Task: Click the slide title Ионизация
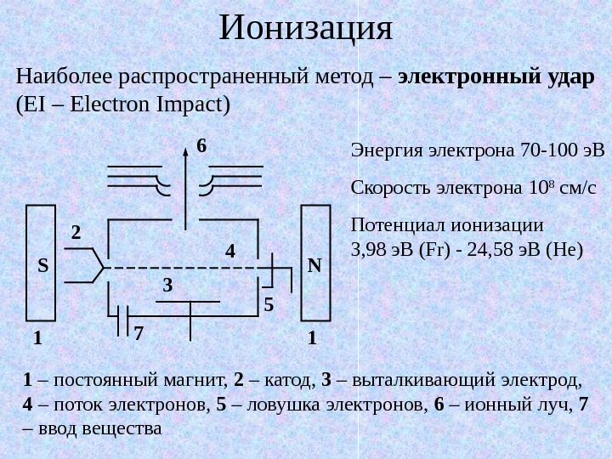point(306,29)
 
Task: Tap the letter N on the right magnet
point(314,266)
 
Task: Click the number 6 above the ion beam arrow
point(201,147)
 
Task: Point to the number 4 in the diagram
point(229,252)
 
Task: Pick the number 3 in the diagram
point(167,287)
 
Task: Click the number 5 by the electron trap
point(269,303)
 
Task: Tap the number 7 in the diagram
point(139,333)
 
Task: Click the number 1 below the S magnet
point(37,338)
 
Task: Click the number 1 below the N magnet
point(312,338)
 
